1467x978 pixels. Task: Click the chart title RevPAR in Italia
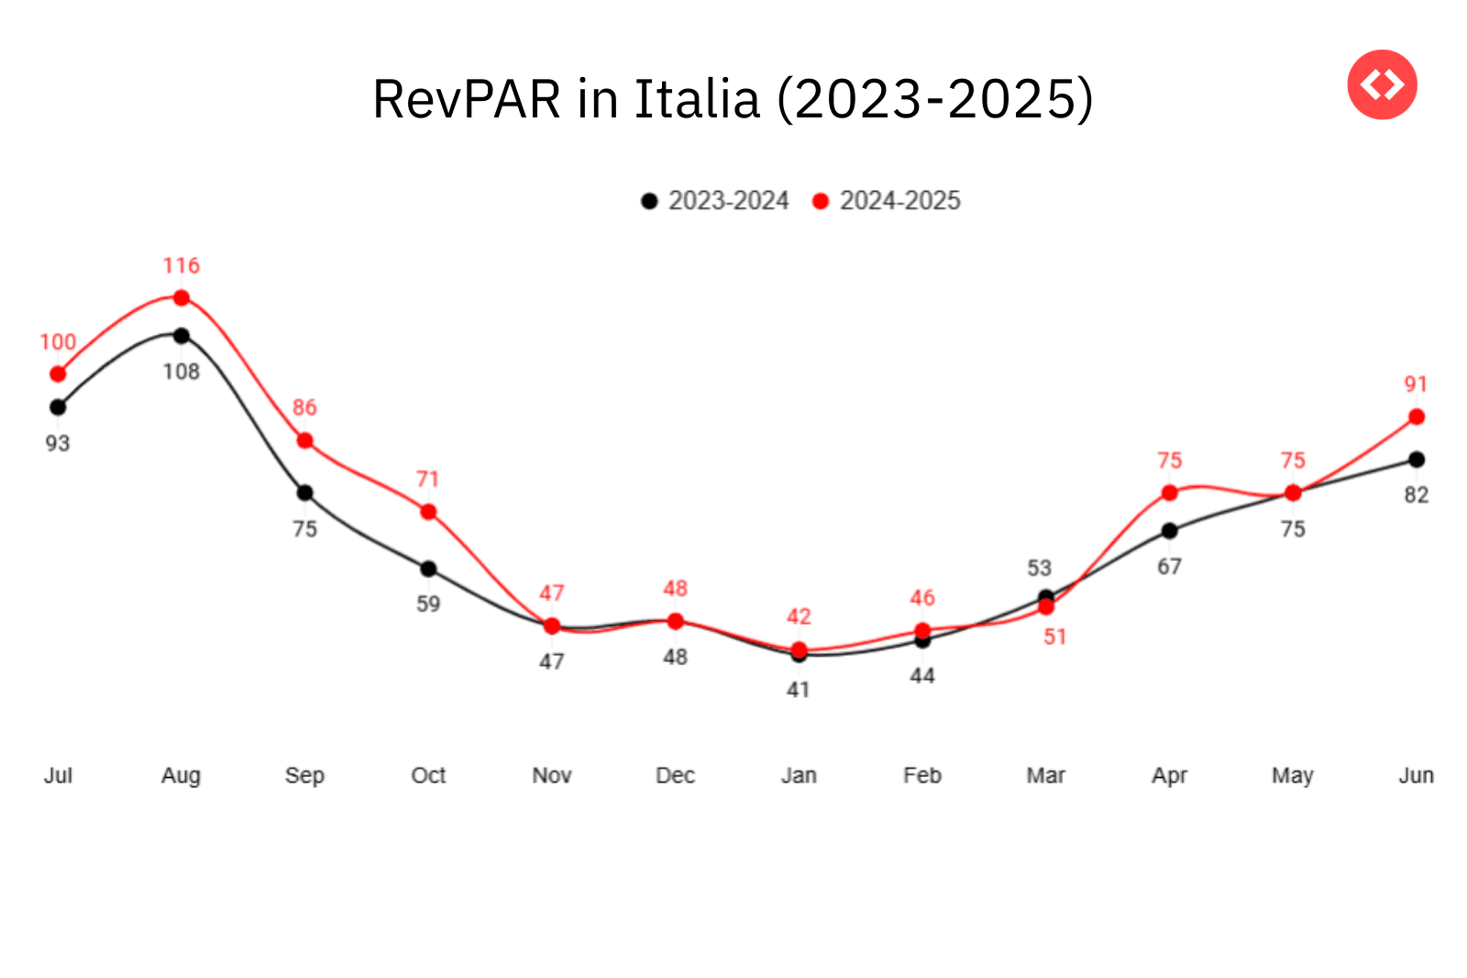[x=733, y=99]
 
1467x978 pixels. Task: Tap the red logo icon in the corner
[x=1382, y=84]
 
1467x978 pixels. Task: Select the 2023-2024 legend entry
[x=715, y=201]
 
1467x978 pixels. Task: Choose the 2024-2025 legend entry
[x=887, y=201]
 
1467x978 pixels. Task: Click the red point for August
[x=182, y=298]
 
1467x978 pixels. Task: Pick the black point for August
[x=182, y=336]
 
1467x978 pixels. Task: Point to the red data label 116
[x=182, y=266]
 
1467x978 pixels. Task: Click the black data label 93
[x=58, y=443]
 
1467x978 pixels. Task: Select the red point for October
[x=428, y=512]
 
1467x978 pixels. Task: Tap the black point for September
[x=305, y=494]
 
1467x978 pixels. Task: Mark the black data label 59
[x=428, y=604]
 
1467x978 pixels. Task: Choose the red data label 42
[x=799, y=617]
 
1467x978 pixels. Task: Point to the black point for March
[x=1046, y=597]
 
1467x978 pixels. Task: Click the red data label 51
[x=1055, y=637]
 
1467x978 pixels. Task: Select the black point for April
[x=1170, y=531]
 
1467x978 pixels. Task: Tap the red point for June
[x=1417, y=417]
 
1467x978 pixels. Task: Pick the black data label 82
[x=1417, y=495]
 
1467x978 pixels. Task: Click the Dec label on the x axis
[x=675, y=776]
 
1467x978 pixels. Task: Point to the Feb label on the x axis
[x=922, y=776]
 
